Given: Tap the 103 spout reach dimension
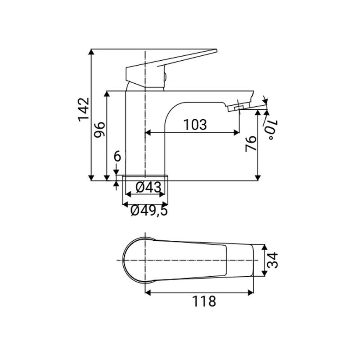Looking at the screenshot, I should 195,124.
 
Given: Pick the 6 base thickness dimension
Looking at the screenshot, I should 117,157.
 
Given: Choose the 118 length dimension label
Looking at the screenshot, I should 202,301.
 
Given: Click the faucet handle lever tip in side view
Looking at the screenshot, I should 215,50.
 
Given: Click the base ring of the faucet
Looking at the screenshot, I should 145,178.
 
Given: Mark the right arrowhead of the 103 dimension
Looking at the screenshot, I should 237,133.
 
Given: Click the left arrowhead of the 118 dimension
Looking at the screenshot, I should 148,292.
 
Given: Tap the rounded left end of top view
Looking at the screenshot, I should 125,260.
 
